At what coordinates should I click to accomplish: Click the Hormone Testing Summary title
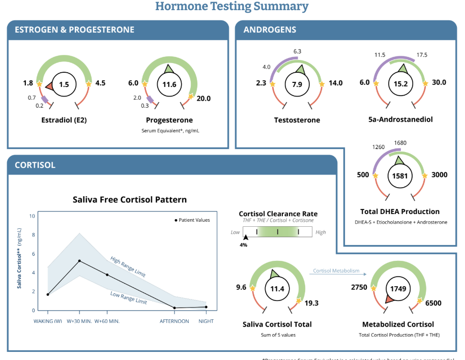tap(231, 7)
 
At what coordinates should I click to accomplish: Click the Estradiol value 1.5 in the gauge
tap(64, 84)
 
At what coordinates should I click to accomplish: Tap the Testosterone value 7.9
tap(297, 84)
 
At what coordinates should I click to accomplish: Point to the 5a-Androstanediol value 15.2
tap(401, 84)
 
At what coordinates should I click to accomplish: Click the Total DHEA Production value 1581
tap(401, 176)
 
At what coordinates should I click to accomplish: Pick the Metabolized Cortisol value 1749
tap(397, 288)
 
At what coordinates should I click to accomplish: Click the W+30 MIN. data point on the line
tap(79, 261)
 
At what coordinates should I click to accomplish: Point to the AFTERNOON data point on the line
tap(175, 308)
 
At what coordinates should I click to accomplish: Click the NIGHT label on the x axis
tap(206, 321)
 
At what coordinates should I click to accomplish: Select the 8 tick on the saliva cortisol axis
tap(33, 234)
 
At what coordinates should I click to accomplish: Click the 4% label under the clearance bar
tap(244, 245)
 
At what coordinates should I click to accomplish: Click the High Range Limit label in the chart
tap(128, 266)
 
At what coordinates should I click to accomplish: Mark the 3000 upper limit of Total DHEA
tap(439, 175)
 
